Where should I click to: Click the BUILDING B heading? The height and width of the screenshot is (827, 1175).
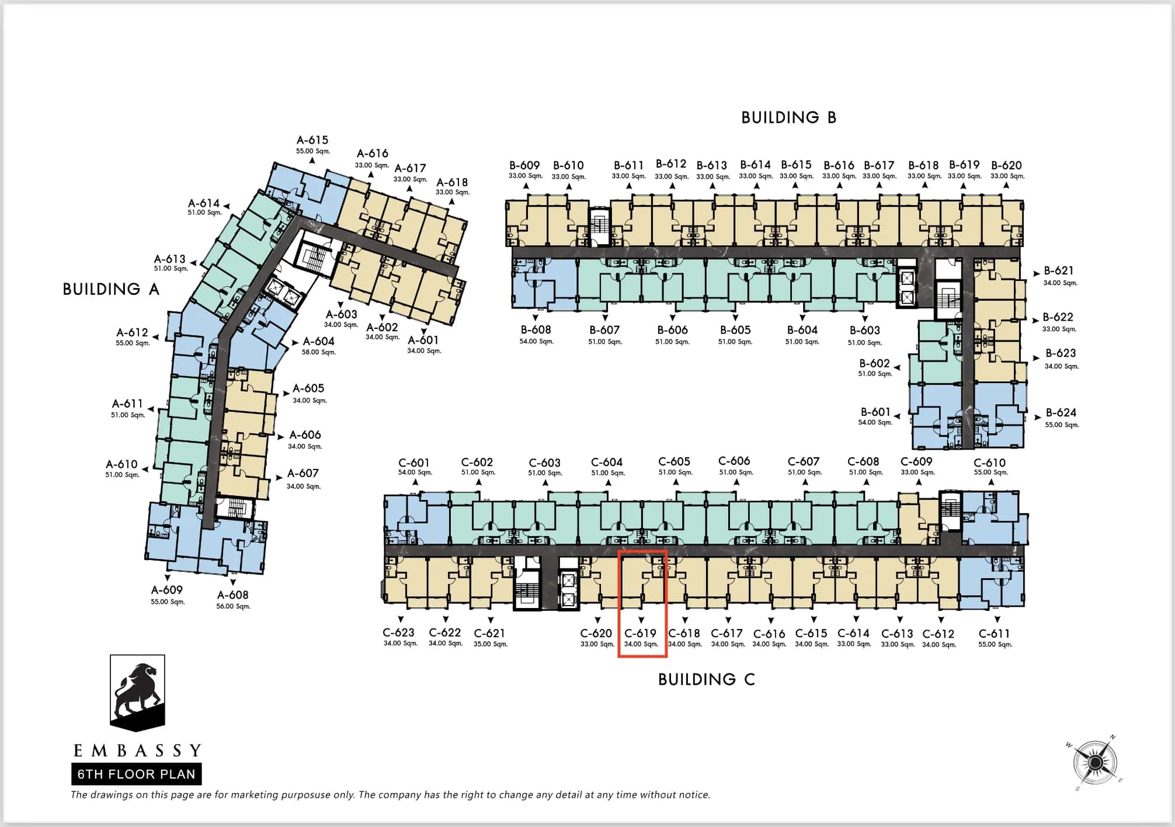tap(788, 118)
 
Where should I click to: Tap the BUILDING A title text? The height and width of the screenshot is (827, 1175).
tap(111, 289)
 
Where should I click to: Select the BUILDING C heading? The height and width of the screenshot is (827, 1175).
tap(707, 679)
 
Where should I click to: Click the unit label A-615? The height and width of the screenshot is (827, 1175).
tap(312, 140)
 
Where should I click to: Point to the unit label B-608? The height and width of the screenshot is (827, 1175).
tap(536, 330)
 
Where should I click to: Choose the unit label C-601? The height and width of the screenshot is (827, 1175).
tap(414, 463)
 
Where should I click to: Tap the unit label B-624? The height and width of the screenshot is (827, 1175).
tap(1061, 412)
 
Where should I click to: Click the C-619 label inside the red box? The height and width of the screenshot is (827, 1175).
tap(641, 633)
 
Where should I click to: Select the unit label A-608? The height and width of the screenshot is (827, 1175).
tap(233, 595)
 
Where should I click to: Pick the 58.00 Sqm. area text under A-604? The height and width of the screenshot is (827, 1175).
tap(319, 352)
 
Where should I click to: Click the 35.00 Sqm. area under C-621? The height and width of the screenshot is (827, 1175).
tap(491, 644)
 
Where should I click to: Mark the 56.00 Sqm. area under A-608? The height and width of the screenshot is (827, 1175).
tap(234, 606)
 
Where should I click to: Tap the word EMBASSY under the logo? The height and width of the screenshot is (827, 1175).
tap(138, 750)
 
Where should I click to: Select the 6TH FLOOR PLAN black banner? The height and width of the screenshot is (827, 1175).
tap(137, 774)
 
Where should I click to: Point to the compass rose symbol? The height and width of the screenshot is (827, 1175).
tap(1095, 763)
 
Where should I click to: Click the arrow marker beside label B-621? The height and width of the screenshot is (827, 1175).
tap(1037, 273)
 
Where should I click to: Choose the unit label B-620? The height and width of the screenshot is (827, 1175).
tap(1007, 165)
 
